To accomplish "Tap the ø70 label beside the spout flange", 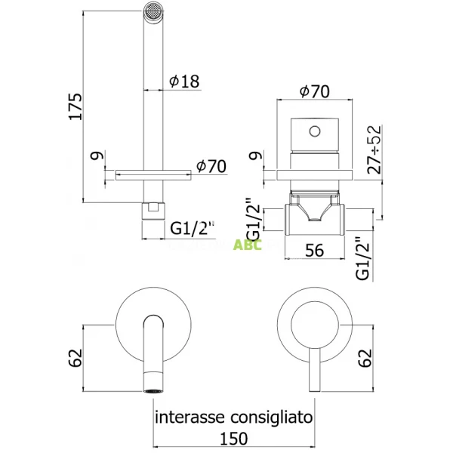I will click(211, 165).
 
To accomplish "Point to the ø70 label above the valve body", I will click(314, 91).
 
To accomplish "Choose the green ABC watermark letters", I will click(248, 245).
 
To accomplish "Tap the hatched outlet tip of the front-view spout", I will click(153, 390).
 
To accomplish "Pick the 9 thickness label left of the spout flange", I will click(94, 157).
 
